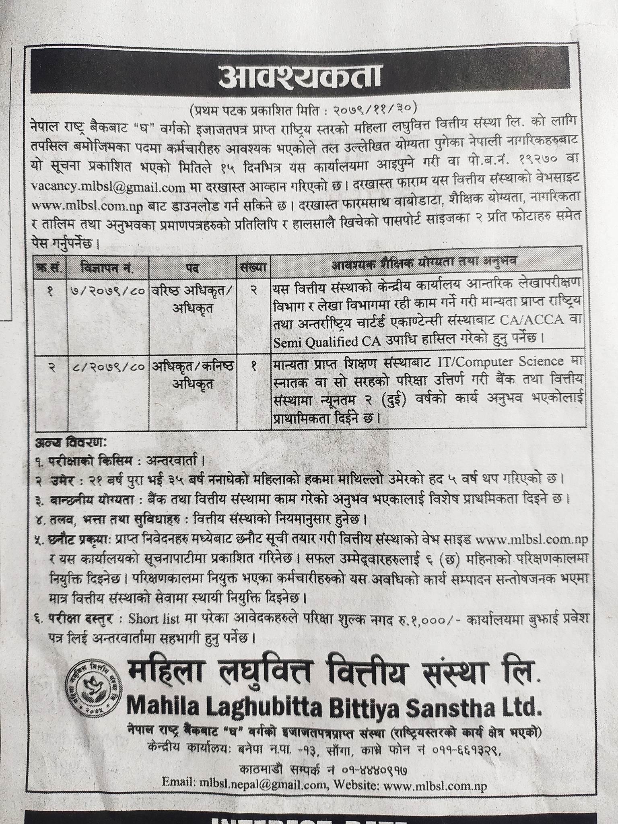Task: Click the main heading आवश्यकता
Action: (300, 78)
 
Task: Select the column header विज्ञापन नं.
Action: (107, 267)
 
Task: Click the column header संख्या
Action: (254, 267)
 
